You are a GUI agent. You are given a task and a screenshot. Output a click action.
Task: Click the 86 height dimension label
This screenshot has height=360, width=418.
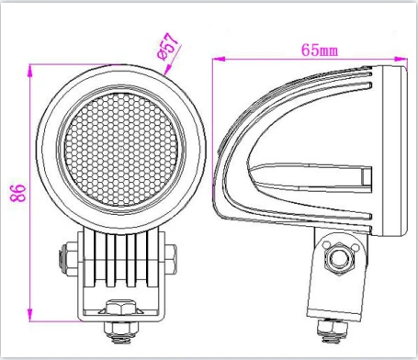(x=18, y=193)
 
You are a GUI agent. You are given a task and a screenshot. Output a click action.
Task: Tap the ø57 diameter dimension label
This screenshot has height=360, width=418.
(x=167, y=47)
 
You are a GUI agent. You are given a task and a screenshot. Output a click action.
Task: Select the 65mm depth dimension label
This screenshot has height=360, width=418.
(x=320, y=51)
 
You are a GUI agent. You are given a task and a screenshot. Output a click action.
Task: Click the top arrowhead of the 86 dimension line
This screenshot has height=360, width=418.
(x=30, y=71)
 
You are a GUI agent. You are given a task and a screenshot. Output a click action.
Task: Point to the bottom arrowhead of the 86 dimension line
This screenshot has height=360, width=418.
(x=30, y=315)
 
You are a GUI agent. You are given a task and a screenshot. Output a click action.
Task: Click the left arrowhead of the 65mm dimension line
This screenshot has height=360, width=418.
(x=219, y=59)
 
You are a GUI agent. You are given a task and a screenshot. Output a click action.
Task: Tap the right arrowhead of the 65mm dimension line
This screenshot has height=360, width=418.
(x=401, y=59)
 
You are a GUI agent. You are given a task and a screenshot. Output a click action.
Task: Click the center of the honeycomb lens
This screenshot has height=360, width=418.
(x=121, y=150)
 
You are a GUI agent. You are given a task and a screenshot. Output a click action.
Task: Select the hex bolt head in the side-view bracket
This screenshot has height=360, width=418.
(x=339, y=259)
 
